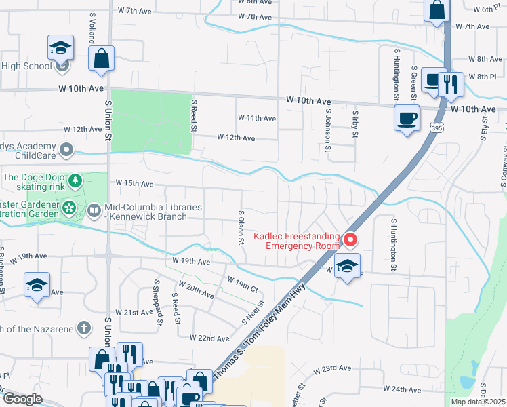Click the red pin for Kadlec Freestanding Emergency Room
350,239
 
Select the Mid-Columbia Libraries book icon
94,212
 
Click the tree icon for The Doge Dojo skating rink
76,180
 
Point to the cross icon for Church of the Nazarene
83,328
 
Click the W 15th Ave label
134,183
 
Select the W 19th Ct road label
243,286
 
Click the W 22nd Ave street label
209,338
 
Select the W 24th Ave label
402,389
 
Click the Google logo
23,399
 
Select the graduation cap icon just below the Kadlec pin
347,267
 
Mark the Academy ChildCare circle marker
66,149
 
